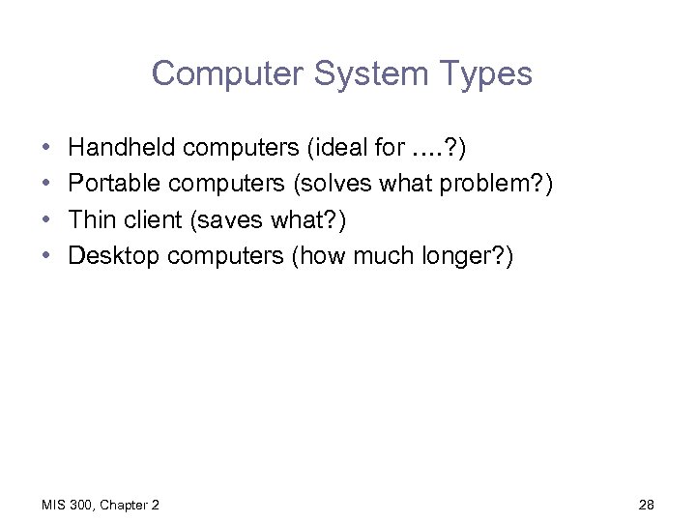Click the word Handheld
click(122, 148)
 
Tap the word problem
click(489, 184)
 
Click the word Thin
click(92, 219)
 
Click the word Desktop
click(115, 255)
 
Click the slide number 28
click(647, 504)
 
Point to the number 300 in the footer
click(81, 504)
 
